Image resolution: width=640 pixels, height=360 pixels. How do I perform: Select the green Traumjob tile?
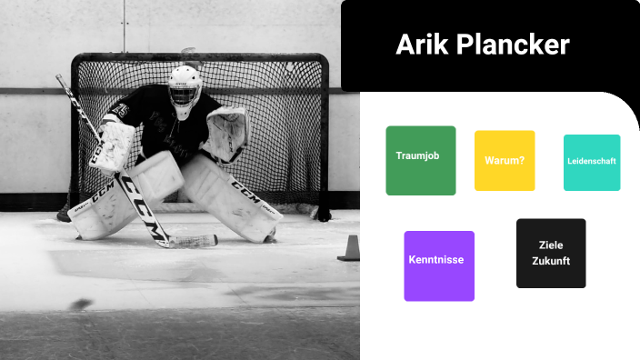420,160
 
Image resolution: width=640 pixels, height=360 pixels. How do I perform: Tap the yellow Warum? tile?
505,161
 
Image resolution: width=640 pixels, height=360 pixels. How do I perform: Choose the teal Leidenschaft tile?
592,162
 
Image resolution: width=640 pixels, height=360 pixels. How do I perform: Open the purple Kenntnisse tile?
438,265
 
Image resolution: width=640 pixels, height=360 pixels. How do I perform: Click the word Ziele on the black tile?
551,245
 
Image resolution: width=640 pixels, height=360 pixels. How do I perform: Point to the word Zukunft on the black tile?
551,261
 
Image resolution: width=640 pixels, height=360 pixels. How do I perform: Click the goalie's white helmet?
185,82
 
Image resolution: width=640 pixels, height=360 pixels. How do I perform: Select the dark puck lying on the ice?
82,304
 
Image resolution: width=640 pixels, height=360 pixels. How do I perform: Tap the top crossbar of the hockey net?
200,57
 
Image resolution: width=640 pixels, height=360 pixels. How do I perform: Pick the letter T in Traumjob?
399,156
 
